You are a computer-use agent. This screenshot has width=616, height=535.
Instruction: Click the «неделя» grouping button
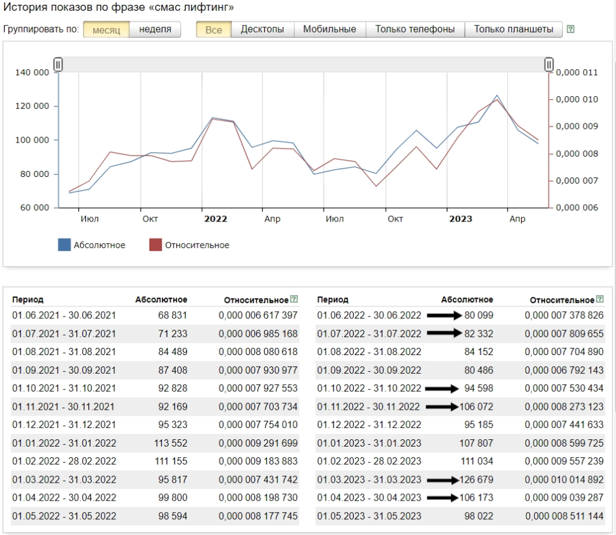coord(155,29)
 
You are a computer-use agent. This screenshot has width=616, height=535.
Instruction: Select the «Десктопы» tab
coord(262,29)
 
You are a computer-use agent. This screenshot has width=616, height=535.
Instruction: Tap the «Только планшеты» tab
coord(514,29)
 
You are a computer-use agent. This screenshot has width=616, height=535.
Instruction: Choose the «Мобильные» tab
coord(330,29)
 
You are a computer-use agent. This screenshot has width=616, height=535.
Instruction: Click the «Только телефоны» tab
coord(415,29)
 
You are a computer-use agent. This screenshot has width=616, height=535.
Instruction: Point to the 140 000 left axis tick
coord(32,72)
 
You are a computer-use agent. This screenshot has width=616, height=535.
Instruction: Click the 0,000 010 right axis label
coord(577,99)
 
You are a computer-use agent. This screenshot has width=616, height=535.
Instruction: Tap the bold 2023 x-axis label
coord(460,219)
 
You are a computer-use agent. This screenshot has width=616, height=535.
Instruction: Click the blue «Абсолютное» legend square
coord(64,244)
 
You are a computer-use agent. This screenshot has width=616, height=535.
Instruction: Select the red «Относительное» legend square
coord(156,244)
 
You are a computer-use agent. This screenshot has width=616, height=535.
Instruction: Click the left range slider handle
coord(58,64)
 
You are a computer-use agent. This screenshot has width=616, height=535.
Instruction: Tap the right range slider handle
coord(549,64)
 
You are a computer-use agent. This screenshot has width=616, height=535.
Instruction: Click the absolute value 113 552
coord(170,443)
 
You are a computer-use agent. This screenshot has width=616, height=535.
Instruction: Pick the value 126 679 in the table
coord(476,480)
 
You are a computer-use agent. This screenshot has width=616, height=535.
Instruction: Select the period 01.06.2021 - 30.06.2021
coord(64,315)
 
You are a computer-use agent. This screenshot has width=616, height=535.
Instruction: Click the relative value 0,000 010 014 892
coord(564,480)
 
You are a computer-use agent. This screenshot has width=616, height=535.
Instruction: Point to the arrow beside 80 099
coord(445,315)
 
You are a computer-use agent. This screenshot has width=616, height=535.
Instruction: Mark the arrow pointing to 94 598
coord(442,388)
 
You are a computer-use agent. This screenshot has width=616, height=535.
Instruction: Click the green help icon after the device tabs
coord(570,29)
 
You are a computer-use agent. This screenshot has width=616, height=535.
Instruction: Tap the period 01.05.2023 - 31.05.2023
coord(369,516)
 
